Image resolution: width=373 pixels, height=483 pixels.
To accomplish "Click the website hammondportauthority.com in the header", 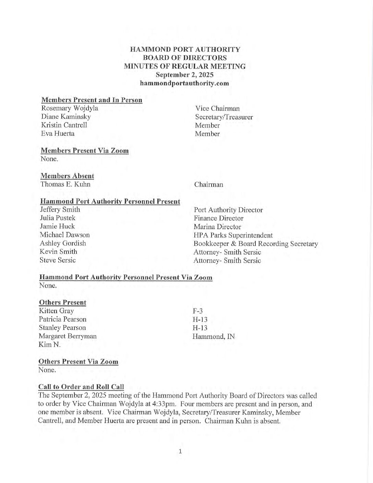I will click(184, 83).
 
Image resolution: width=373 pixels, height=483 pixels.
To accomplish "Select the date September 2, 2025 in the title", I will click(184, 74).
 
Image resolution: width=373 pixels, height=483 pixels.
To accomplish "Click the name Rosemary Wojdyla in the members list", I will click(69, 108).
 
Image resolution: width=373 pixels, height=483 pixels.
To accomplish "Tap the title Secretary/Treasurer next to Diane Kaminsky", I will click(224, 117).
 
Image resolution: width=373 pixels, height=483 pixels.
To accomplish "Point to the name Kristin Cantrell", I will click(64, 125).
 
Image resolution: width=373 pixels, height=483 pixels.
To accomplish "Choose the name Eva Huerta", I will click(58, 133).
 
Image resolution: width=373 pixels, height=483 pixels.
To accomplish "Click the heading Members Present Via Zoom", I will click(85, 151).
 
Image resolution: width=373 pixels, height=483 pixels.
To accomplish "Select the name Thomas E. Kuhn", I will click(65, 184).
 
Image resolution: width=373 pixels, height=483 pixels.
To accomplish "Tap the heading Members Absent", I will click(67, 176).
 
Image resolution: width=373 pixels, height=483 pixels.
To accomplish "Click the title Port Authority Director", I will click(228, 210).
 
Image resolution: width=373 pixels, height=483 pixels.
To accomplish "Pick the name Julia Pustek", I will click(58, 218).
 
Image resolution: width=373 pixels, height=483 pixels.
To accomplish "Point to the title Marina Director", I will click(217, 227).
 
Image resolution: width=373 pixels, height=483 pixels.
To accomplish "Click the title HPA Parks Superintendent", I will click(233, 235).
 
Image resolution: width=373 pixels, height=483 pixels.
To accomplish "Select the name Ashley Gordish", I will click(63, 243).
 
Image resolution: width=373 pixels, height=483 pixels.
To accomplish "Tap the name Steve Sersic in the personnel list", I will click(58, 260).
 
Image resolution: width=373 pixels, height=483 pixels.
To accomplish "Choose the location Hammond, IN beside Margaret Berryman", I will click(214, 337).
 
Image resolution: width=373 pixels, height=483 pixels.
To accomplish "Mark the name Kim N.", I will click(50, 345).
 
